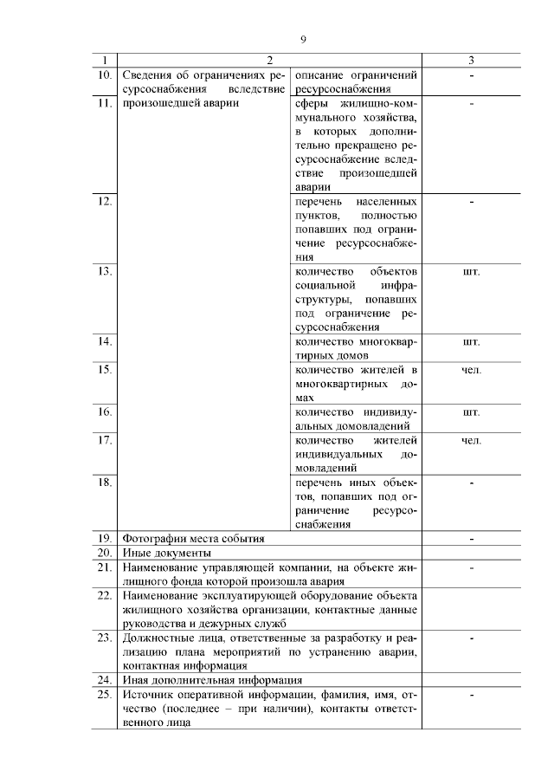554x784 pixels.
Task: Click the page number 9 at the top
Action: (303, 39)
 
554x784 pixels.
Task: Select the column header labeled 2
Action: (269, 61)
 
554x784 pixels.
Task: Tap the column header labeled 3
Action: (471, 61)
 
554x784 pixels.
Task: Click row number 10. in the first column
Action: (105, 75)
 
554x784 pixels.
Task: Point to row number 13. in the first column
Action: (105, 271)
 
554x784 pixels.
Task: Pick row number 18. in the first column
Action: (105, 482)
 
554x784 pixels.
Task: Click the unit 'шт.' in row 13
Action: (471, 271)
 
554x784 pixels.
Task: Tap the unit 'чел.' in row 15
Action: (471, 370)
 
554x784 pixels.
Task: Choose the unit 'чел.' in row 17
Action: (471, 440)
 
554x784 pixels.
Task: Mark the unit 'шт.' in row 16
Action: (471, 411)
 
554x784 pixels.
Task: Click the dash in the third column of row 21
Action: (471, 567)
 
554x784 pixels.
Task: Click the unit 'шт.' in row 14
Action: (471, 341)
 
